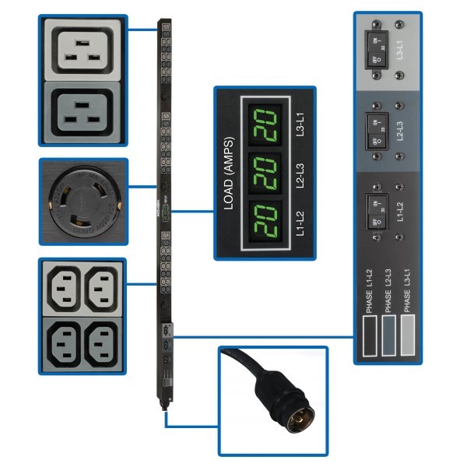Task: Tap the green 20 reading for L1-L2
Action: click(258, 219)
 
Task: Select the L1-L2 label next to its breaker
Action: click(399, 212)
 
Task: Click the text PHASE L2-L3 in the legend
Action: click(387, 291)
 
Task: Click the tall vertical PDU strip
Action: click(165, 210)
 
